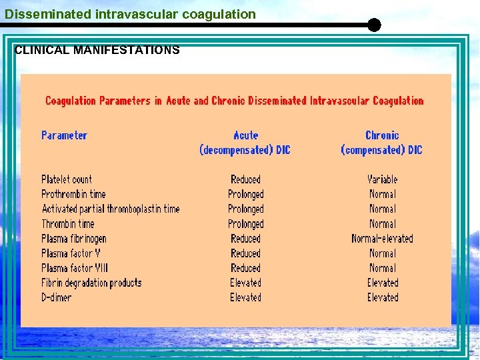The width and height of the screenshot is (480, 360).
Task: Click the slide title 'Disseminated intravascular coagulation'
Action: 131,14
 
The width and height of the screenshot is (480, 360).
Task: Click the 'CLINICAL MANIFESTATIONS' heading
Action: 97,50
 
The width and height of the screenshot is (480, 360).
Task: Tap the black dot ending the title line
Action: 374,25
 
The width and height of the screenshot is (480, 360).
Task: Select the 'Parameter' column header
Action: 64,135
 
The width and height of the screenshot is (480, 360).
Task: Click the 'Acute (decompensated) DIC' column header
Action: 245,143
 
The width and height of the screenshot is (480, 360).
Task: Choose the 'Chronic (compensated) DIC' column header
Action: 382,143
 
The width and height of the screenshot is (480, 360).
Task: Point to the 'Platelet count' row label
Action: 67,179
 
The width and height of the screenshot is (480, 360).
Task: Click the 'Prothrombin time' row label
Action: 73,194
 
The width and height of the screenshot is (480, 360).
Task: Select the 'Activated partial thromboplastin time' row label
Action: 111,209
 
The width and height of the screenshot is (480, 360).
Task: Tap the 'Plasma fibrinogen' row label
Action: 74,239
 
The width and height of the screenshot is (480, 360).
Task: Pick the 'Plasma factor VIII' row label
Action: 75,268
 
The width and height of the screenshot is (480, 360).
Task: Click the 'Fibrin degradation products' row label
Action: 91,283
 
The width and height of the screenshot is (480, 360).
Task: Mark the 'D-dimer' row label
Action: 57,297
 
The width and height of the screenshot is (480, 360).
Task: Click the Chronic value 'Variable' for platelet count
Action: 382,179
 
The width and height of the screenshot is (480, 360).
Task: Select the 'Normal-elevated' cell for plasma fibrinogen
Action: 382,239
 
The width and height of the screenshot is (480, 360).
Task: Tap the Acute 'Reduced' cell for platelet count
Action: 245,179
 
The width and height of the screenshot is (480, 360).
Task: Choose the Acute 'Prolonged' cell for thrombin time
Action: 245,224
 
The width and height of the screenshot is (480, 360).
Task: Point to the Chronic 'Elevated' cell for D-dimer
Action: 382,297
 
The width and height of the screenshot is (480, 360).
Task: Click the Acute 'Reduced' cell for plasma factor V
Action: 245,253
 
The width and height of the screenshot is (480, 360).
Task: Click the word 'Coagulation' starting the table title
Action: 71,101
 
